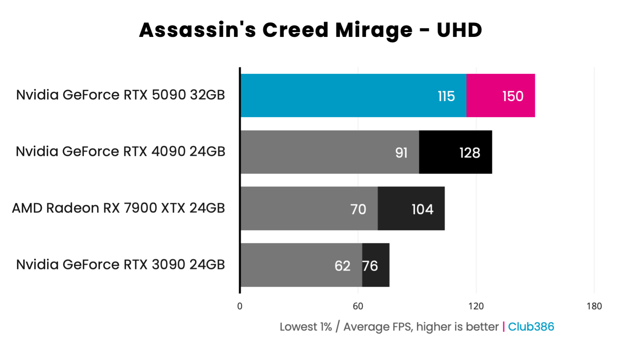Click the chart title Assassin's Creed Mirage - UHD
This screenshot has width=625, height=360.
click(x=310, y=30)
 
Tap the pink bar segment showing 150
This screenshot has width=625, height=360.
click(x=501, y=95)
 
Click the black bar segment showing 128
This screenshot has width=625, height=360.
click(x=455, y=152)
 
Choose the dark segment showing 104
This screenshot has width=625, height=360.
click(x=411, y=208)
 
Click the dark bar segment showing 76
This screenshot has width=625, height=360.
click(x=376, y=265)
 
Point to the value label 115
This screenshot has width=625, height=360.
click(x=446, y=96)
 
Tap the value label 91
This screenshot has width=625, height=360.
click(x=401, y=153)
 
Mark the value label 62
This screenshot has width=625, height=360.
click(x=342, y=266)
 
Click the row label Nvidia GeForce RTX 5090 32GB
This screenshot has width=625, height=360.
click(x=120, y=95)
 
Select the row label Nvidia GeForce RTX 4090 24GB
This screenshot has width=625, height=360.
click(x=120, y=152)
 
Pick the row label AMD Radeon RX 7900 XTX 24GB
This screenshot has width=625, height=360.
click(x=118, y=208)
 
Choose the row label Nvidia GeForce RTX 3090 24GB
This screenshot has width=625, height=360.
click(x=120, y=265)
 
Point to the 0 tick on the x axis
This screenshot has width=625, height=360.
click(x=240, y=306)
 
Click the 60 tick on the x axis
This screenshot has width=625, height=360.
click(x=358, y=306)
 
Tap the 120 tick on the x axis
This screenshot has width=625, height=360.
click(x=476, y=306)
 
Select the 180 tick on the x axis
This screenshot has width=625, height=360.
click(x=594, y=306)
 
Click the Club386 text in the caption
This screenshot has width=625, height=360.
click(x=531, y=327)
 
